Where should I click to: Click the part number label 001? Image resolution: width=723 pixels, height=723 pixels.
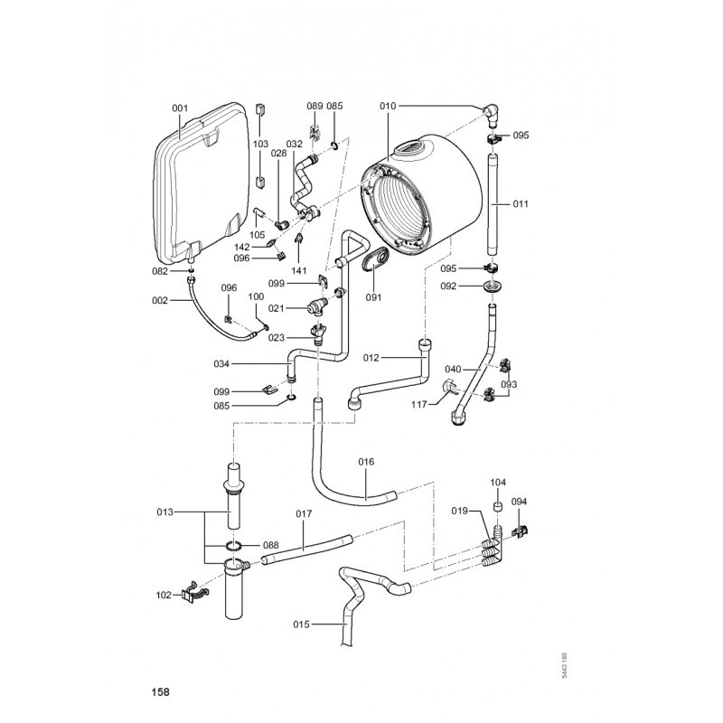[x=179, y=109]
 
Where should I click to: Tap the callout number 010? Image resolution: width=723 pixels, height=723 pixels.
[x=388, y=107]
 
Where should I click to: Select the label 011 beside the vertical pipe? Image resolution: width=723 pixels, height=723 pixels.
[x=521, y=204]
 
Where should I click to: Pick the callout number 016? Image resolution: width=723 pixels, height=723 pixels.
[x=365, y=462]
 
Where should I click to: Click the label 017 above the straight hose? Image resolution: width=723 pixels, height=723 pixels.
[x=304, y=514]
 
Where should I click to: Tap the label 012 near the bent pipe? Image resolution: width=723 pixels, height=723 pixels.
[x=372, y=358]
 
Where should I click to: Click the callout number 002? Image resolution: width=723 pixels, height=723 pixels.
[x=160, y=300]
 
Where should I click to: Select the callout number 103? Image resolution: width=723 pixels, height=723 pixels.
[x=260, y=145]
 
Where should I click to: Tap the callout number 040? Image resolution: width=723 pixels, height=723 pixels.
[x=453, y=369]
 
